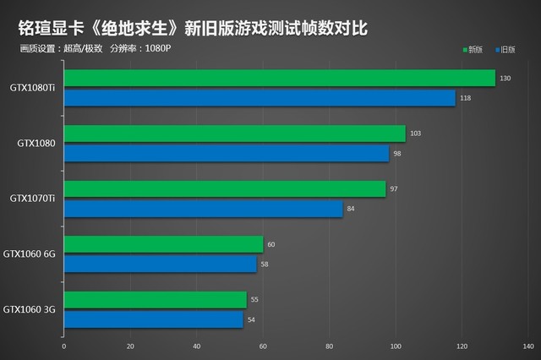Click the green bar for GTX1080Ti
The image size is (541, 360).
(279, 79)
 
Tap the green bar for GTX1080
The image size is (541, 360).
(234, 134)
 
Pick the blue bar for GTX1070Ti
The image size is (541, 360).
(203, 209)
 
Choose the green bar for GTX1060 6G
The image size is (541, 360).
(163, 244)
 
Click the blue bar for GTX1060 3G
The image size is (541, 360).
(153, 319)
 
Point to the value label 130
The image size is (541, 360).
(505, 79)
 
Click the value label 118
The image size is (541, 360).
(465, 99)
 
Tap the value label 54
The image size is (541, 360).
(251, 320)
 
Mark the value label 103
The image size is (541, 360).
(415, 134)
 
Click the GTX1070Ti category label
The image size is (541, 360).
(32, 199)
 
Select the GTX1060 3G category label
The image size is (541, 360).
(30, 309)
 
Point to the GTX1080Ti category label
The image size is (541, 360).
(32, 88)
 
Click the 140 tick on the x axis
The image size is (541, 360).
(528, 346)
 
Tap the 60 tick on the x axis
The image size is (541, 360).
(262, 346)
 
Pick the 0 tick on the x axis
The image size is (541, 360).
(63, 346)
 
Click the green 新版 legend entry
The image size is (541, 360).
(473, 50)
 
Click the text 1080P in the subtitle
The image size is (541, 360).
(158, 47)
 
